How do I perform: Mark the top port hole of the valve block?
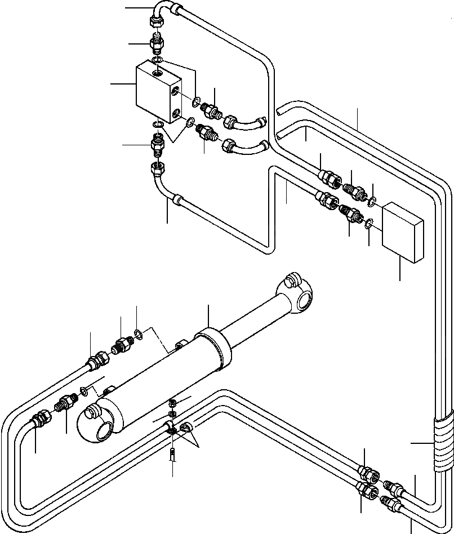click(x=155, y=72)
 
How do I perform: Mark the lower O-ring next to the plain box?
click(x=367, y=224)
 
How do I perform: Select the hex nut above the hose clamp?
click(x=174, y=403)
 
